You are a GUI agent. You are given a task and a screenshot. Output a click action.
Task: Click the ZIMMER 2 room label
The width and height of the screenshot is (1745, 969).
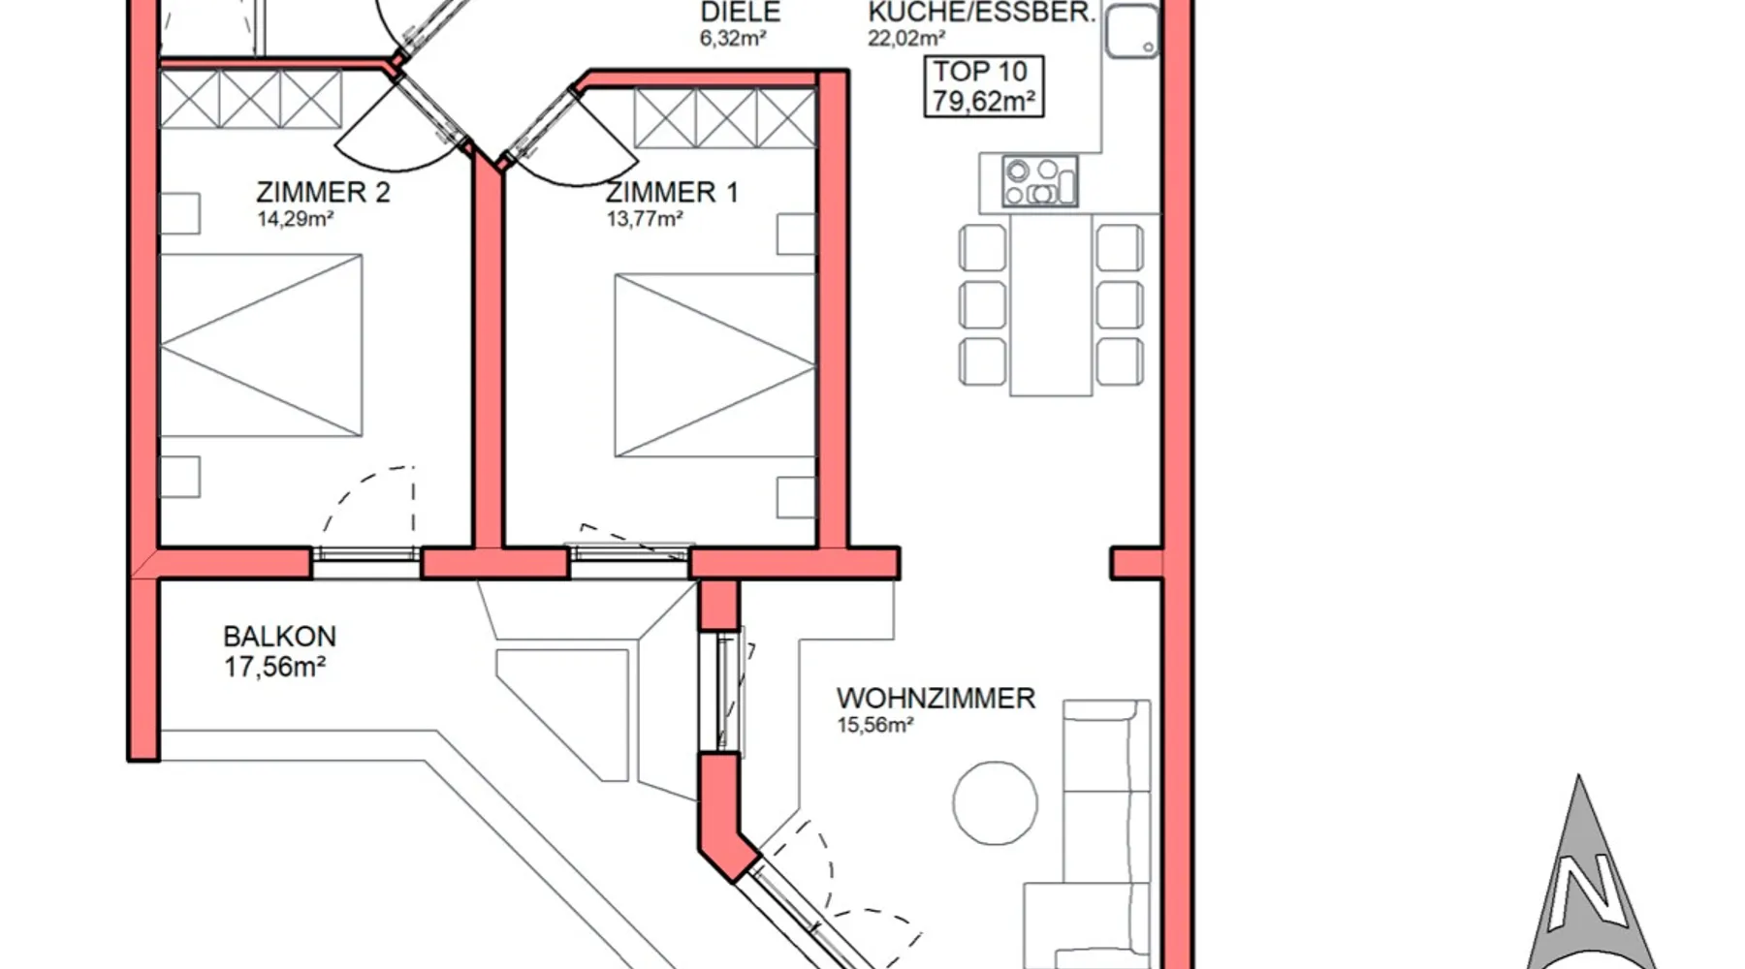coord(323,192)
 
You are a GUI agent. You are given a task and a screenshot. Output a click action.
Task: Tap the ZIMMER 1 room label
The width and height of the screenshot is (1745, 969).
coord(672,192)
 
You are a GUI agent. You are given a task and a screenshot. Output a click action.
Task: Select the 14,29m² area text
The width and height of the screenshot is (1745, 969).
coord(295,219)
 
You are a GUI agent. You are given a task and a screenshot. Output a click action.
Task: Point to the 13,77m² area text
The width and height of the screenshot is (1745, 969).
coord(645,219)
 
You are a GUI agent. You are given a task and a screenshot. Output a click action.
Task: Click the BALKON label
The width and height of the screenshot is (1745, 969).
coord(279,637)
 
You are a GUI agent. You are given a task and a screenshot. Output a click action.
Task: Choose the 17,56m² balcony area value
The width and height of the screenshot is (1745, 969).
coord(274,667)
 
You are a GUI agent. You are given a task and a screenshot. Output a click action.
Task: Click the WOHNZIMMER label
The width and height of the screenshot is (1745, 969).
coord(936,698)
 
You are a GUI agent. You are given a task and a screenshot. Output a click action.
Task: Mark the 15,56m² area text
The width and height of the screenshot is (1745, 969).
coord(875,725)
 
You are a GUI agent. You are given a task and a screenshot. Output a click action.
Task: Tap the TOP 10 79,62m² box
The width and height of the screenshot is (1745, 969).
coord(984,86)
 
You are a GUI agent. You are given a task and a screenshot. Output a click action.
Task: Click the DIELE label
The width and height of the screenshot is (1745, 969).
coord(741,13)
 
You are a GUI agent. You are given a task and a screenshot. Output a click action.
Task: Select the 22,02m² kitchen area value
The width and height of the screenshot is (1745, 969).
coord(906,39)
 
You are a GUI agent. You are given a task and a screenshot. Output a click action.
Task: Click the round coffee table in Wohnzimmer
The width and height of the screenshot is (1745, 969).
coord(995,803)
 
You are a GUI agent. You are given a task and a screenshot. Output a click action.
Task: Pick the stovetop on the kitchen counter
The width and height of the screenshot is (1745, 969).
coord(1039,181)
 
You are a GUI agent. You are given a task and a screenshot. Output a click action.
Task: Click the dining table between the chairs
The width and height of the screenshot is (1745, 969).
coord(1051,304)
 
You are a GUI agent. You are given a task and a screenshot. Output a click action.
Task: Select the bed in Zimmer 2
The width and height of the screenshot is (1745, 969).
coord(261,345)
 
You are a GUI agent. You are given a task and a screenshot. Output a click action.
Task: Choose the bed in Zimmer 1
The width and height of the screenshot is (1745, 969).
coord(714,365)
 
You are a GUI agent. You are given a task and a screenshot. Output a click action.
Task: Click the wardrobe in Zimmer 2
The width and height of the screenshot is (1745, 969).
coord(251,99)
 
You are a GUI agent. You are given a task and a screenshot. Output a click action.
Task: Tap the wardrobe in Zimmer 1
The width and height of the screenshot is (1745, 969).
coord(725,118)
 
